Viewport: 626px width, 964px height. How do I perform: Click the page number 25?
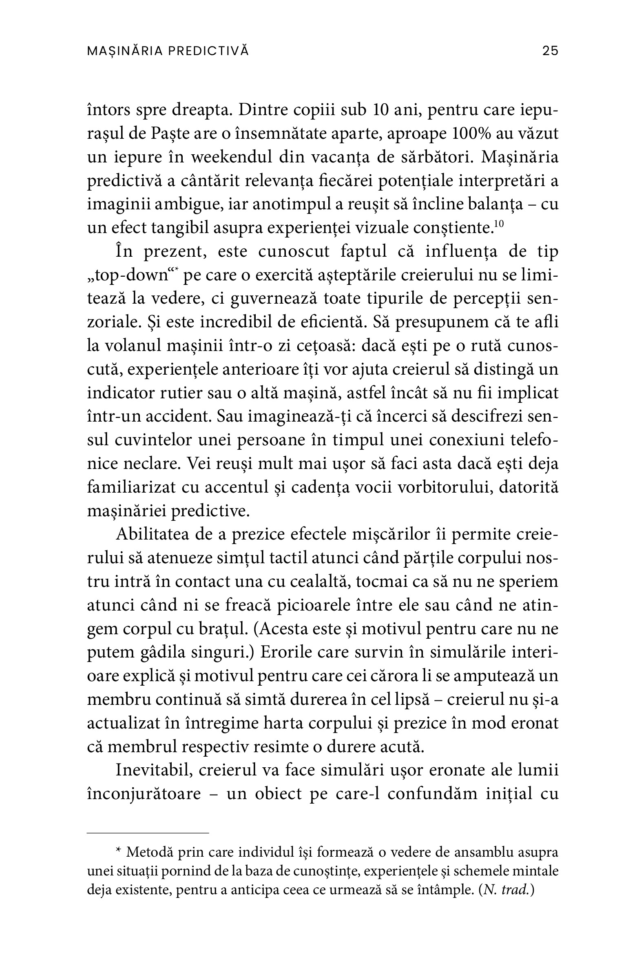coord(550,51)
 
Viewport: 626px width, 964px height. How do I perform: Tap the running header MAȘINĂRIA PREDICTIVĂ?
coord(168,51)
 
